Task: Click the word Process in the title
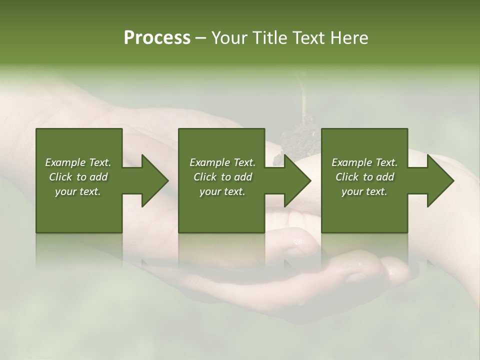point(157,38)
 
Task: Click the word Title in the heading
point(266,38)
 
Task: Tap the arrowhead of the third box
point(439,180)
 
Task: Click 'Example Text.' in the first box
point(78,162)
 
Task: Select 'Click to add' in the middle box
point(222,177)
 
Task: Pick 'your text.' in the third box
point(364,191)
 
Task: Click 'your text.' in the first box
point(78,191)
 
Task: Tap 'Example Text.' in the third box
point(364,162)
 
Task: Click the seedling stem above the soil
point(303,100)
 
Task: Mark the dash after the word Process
point(200,38)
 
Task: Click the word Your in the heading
point(228,38)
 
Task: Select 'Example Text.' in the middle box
point(222,162)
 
